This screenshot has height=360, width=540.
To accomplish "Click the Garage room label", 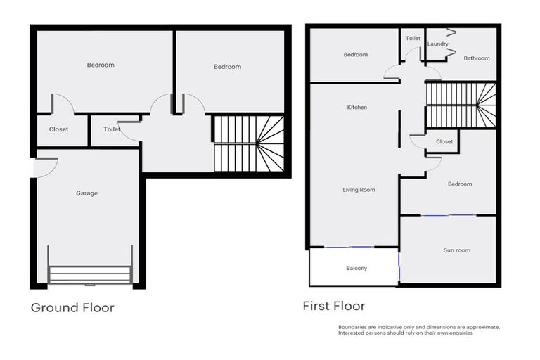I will pos(87,193).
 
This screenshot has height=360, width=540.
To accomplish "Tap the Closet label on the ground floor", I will pos(59,129).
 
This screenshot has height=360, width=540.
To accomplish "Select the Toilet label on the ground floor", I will pos(112,129).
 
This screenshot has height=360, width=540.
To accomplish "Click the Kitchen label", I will pos(357,108).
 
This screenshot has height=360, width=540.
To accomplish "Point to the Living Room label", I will pos(359,190).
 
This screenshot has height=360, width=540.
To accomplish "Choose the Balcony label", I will pos(356,269).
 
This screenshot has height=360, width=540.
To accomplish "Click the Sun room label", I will pos(456,250).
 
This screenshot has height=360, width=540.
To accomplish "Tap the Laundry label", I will pos(437,44).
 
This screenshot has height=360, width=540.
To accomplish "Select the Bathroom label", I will pos(476,58).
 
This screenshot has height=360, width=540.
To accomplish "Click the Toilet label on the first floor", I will pos(413,39).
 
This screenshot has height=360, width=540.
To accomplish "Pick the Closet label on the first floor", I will pos(444,142).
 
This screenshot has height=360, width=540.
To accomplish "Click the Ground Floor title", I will pos(72,307).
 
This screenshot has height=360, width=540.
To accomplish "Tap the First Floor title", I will pos(334,306).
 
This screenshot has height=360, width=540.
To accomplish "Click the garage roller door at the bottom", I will pos(89,274).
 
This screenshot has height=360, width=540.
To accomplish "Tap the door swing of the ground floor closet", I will pos(61,103).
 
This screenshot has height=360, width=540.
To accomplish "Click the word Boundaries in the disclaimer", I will pos(352,327).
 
